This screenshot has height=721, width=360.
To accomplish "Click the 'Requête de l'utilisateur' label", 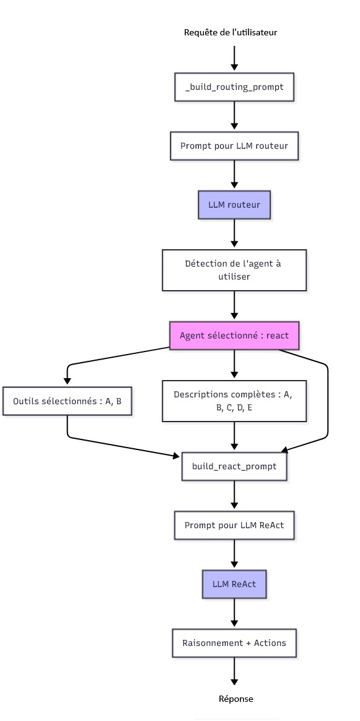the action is tap(230, 33).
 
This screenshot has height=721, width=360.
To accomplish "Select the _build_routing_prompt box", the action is tap(234, 86).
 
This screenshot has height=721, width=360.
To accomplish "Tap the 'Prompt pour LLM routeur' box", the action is tap(234, 146).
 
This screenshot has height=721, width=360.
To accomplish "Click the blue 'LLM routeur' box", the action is tap(234, 205).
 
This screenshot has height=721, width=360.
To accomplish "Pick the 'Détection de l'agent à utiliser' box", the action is tap(234, 270).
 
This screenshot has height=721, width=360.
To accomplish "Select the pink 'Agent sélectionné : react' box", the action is tap(234, 335).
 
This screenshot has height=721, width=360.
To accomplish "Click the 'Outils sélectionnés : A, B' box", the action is tap(67, 401).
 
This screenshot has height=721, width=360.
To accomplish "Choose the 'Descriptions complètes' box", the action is tap(234, 400).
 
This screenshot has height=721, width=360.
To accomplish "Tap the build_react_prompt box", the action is tap(234, 466).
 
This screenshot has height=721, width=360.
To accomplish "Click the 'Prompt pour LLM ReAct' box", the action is tap(234, 524).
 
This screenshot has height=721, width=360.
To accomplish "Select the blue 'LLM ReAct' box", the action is tap(234, 584).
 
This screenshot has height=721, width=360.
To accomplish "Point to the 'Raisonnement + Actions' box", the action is tap(234, 643).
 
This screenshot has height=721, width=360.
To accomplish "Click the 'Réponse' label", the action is tap(235, 699).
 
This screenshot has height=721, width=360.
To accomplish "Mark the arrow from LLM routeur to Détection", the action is tap(234, 234).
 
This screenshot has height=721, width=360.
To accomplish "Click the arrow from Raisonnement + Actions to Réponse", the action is tap(234, 672).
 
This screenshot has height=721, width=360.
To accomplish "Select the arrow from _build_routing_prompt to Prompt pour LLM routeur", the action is tap(234, 117).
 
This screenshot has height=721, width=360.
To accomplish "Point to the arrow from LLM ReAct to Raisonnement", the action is tap(234, 613).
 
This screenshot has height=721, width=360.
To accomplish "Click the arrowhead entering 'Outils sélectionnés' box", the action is tap(67, 381).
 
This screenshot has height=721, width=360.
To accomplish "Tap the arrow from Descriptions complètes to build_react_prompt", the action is tap(234, 437).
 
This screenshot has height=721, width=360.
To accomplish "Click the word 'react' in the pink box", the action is tap(278, 335).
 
